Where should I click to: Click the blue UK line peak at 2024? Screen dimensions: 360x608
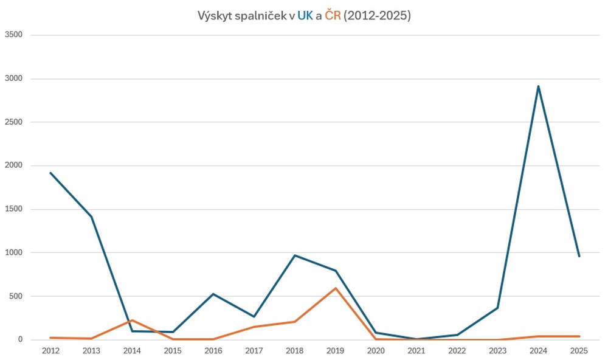tap(538, 86)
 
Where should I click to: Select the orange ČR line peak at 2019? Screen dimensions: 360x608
tap(335, 288)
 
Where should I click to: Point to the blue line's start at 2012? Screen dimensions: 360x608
tap(50, 173)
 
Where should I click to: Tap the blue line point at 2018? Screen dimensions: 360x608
tap(294, 255)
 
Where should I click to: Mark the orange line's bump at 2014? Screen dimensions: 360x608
tap(132, 320)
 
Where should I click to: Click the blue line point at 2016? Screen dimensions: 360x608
tap(213, 294)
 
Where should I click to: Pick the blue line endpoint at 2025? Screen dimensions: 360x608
tap(579, 256)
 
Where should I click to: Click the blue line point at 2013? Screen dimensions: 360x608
tap(91, 216)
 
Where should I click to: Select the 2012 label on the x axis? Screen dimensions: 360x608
tap(50, 351)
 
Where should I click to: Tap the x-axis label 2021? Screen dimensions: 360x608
tap(416, 351)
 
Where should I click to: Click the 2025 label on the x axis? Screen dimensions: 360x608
tap(579, 351)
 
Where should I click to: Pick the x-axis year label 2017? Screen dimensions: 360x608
tap(254, 351)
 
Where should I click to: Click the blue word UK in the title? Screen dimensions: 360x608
tap(305, 16)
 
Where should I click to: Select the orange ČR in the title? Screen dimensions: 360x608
tap(333, 16)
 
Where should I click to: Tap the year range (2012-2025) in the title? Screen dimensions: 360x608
tap(378, 16)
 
